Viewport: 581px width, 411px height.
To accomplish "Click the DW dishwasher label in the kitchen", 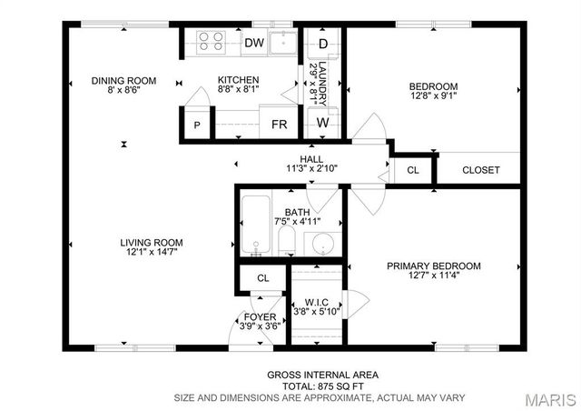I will point(253,43).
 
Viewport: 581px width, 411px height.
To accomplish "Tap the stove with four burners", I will point(211,42).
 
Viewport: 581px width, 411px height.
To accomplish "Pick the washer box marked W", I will point(322,122).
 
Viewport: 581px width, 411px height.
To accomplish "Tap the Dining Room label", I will point(123,81).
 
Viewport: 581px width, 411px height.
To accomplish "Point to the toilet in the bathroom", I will point(286,240).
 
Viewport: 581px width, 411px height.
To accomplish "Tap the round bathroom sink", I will point(319,245).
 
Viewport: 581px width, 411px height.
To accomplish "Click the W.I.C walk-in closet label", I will point(316,302).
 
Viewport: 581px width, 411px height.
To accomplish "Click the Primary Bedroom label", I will point(433,266).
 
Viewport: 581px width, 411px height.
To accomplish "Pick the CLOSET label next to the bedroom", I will point(480,170).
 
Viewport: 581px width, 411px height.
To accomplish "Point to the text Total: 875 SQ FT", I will point(322,386).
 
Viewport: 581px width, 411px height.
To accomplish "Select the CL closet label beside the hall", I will point(413,170).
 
